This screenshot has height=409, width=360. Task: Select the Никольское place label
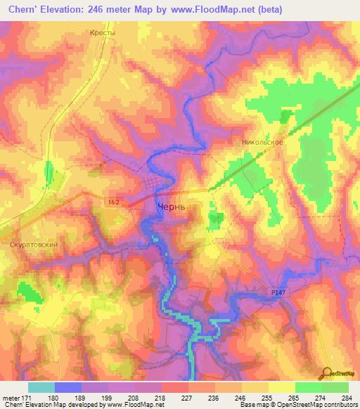(x=262, y=142)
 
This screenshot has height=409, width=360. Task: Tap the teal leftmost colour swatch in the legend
(x=41, y=387)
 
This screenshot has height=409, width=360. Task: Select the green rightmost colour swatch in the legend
(x=335, y=387)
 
